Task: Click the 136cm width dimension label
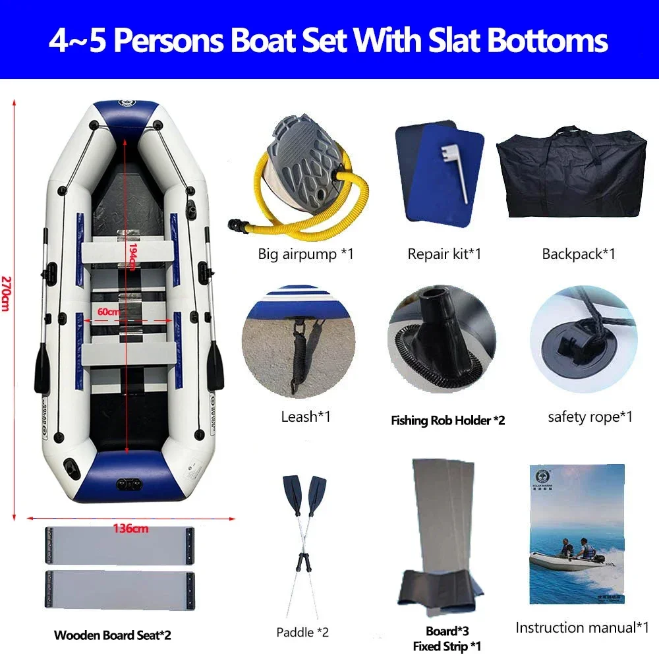pyautogui.click(x=130, y=527)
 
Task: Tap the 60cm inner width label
pyautogui.click(x=108, y=311)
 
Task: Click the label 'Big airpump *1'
pyautogui.click(x=306, y=254)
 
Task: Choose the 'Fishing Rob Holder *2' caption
pyautogui.click(x=447, y=420)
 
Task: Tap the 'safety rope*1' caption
pyautogui.click(x=590, y=416)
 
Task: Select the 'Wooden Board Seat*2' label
pyautogui.click(x=112, y=636)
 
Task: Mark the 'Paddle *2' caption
pyautogui.click(x=302, y=633)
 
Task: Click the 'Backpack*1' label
pyautogui.click(x=579, y=254)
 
